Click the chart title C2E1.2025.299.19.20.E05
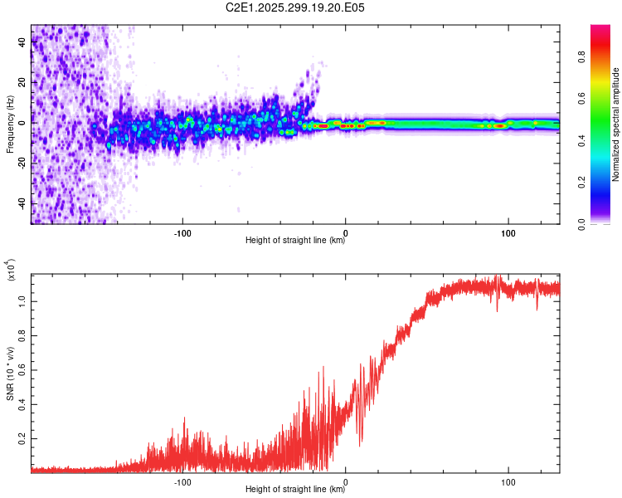(x=294, y=7)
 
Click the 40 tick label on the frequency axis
(x=22, y=41)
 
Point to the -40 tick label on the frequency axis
(x=22, y=203)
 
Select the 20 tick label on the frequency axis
(x=22, y=82)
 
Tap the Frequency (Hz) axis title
(x=10, y=124)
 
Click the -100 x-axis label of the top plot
(x=182, y=233)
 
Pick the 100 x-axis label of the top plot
(x=508, y=233)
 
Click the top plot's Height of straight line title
(x=295, y=240)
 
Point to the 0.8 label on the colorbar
(x=582, y=56)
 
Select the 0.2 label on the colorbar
(x=582, y=182)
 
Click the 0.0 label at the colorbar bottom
(x=582, y=225)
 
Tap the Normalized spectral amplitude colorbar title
(x=615, y=124)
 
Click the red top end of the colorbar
(x=600, y=27)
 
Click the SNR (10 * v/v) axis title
(x=10, y=373)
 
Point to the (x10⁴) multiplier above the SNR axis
(x=10, y=270)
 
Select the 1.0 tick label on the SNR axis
(x=22, y=301)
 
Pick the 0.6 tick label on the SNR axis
(x=22, y=370)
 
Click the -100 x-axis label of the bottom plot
(x=182, y=482)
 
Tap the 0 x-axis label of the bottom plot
(x=346, y=482)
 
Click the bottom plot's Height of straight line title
(x=295, y=489)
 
